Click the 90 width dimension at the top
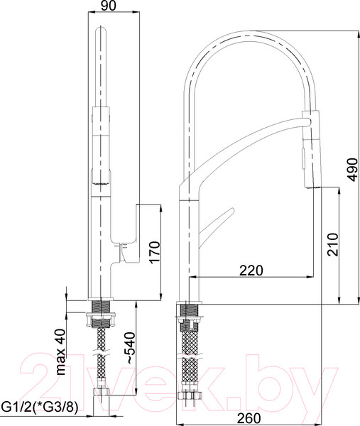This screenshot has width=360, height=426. tap(109, 6)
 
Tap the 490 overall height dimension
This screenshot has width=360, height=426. tap(353, 170)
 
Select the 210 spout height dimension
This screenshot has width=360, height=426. tap(333, 244)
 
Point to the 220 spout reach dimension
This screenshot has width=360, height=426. tap(251, 271)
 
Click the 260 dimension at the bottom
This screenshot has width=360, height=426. tap(249, 418)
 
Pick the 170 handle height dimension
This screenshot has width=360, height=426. tap(155, 252)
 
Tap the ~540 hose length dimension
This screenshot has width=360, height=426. tap(130, 348)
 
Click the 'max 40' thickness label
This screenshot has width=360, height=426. tap(60, 352)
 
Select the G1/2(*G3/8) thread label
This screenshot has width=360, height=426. tap(40, 407)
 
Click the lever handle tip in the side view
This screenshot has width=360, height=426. tap(231, 210)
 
